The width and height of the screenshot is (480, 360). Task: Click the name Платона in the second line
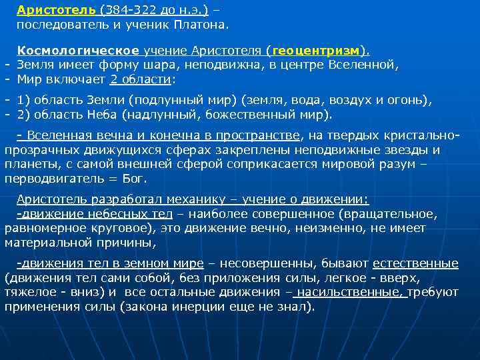[x=201, y=25]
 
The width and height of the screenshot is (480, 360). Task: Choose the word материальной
[x=49, y=242]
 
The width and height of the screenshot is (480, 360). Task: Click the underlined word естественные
[x=415, y=263]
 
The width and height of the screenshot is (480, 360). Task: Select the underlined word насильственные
[x=351, y=292]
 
